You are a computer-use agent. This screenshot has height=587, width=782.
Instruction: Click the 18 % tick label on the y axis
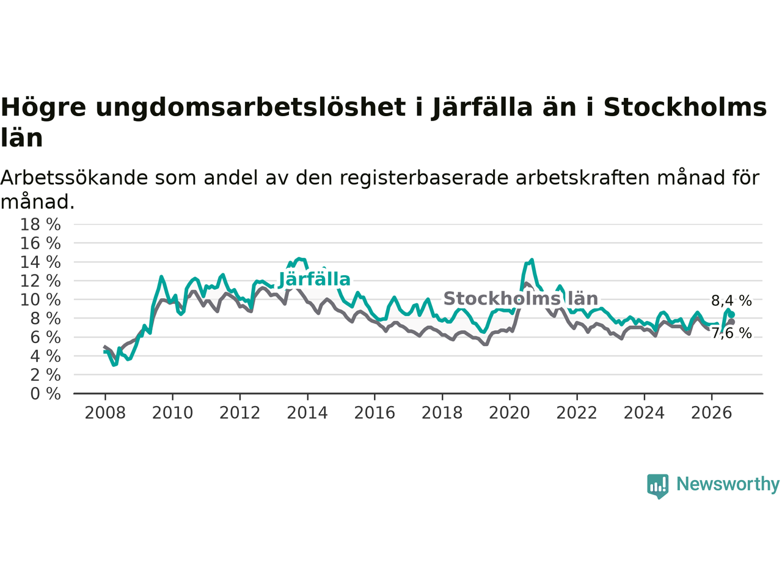tap(40, 225)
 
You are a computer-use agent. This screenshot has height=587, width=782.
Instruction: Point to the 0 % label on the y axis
tap(45, 394)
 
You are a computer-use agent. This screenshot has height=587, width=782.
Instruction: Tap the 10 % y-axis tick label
tap(40, 300)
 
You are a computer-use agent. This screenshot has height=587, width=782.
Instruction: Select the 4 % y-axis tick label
tap(45, 356)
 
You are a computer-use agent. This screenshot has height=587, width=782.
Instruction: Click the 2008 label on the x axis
tap(105, 413)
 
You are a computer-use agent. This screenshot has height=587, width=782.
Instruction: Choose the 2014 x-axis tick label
tap(307, 413)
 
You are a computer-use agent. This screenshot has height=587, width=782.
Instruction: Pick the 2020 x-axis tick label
tap(510, 413)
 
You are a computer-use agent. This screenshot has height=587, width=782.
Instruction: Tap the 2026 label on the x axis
tap(712, 413)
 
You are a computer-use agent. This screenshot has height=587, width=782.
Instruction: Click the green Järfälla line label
tap(314, 280)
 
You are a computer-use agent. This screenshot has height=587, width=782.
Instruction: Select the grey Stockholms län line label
tap(521, 298)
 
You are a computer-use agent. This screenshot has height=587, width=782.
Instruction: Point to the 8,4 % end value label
tap(731, 301)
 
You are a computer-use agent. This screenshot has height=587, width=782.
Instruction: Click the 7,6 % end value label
tap(731, 334)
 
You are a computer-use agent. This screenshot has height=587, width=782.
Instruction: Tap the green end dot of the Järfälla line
tap(731, 315)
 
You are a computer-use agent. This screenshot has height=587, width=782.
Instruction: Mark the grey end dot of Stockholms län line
tap(731, 322)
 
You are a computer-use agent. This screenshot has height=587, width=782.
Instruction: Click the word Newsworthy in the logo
tap(728, 484)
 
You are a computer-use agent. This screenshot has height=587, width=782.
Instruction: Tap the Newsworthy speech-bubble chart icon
tap(657, 486)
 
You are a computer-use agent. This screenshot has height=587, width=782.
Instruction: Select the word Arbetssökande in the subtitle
tap(74, 178)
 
